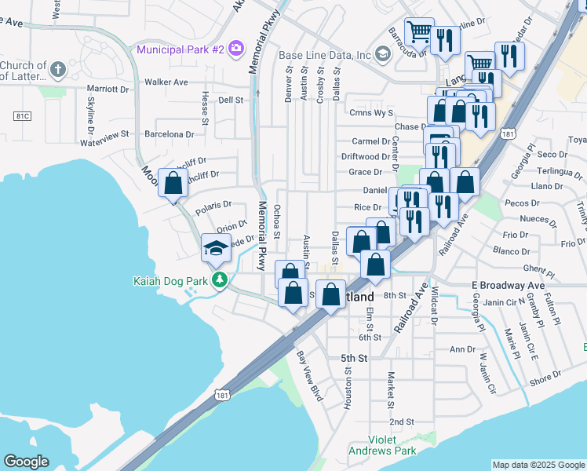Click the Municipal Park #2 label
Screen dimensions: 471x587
click(180, 49)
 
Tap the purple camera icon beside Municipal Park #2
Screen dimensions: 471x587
click(235, 49)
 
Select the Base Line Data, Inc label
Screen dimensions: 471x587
click(325, 55)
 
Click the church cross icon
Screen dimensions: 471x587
click(57, 71)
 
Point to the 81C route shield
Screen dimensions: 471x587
click(22, 116)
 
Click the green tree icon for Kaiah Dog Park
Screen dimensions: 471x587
click(222, 279)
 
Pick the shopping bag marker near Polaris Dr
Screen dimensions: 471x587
click(173, 184)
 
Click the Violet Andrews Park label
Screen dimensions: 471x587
click(393, 446)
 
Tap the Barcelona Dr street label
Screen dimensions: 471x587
click(169, 134)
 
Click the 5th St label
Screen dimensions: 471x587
click(354, 358)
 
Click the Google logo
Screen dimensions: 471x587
click(26, 462)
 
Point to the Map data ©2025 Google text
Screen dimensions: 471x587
click(538, 465)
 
